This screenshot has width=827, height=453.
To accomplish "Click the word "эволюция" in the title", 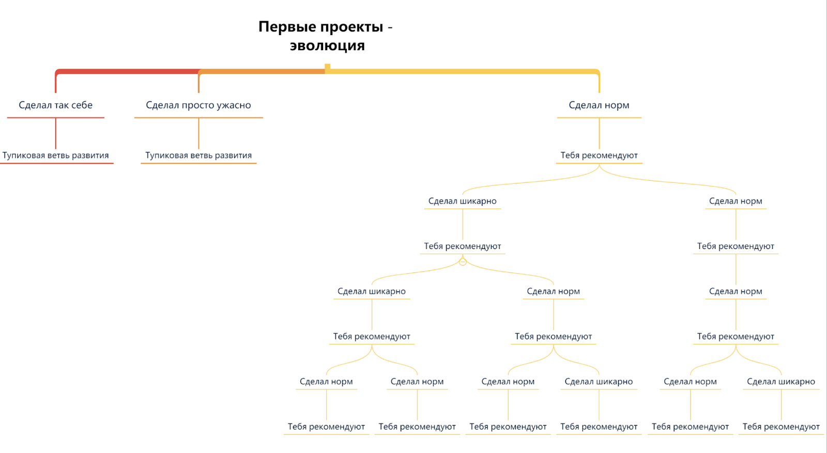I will pos(327,46).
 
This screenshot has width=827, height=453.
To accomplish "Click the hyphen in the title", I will pos(390,27).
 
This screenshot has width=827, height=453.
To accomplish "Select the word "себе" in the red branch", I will pos(82,105).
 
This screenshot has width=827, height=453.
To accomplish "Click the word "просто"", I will pos(198,105).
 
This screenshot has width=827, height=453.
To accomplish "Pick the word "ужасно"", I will pos(234,105).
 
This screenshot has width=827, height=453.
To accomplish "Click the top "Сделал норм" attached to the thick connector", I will pos(599,105).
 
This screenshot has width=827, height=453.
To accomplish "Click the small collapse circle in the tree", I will pos(463,262).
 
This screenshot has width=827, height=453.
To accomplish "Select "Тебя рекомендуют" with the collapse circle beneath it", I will pos(463,246).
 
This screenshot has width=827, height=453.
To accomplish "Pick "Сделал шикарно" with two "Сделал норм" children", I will pos(372,291).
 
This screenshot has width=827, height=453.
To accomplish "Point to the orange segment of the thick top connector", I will pos(261,71).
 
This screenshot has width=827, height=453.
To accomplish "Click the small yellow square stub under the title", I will pos(327,67).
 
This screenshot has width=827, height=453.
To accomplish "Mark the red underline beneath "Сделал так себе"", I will pos(56,118).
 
